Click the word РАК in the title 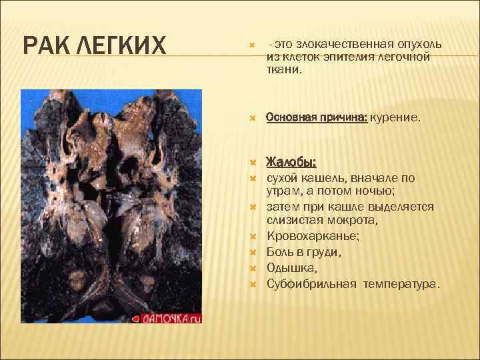coord(47,47)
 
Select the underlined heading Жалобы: coord(291,162)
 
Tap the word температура coord(402,284)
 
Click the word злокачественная coord(343,43)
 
